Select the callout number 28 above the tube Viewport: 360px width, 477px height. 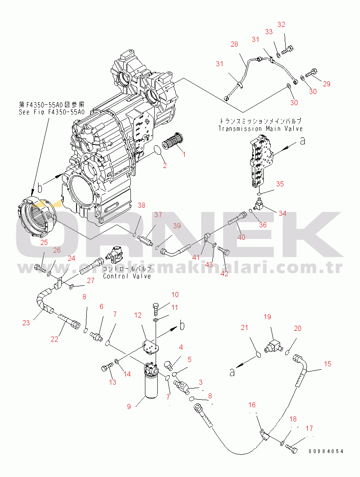234,44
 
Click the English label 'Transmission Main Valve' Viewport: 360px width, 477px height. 260,128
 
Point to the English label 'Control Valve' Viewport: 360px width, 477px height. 127,276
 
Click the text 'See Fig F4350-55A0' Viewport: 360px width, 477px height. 52,112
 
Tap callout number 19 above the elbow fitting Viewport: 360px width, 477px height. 267,317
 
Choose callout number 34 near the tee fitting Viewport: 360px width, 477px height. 282,213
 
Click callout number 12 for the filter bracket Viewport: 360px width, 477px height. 138,315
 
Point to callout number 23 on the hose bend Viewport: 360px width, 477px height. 26,323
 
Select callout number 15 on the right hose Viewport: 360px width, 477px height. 327,364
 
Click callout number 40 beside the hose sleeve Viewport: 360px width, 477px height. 242,237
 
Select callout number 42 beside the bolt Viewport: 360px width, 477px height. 224,274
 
